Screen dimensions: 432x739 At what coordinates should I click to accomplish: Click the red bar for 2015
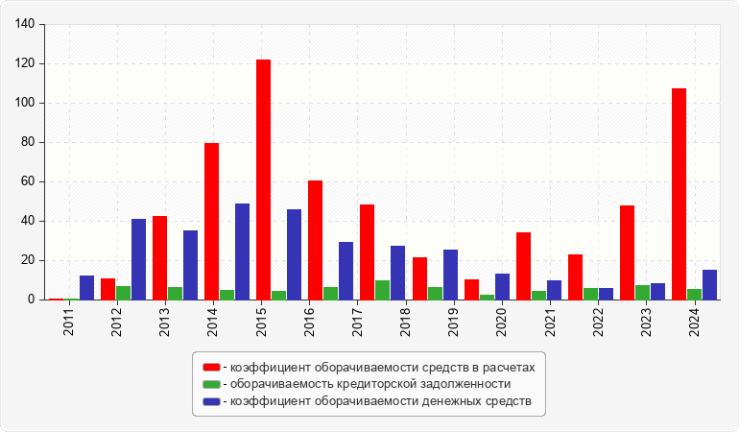tap(263, 180)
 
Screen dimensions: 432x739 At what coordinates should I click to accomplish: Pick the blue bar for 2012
tap(138, 259)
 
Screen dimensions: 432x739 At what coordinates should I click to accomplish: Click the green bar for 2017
tap(382, 290)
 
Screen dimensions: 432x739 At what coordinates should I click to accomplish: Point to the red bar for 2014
tap(211, 221)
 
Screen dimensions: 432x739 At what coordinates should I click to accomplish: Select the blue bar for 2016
tap(294, 254)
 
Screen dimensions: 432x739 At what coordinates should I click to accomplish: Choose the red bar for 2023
tap(627, 252)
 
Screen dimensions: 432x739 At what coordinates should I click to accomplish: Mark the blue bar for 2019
tap(450, 275)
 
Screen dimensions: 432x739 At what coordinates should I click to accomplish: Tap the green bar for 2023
tap(642, 292)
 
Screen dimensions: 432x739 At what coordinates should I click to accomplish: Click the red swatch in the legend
tap(211, 367)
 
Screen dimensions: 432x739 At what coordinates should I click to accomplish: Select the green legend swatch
tap(211, 383)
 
